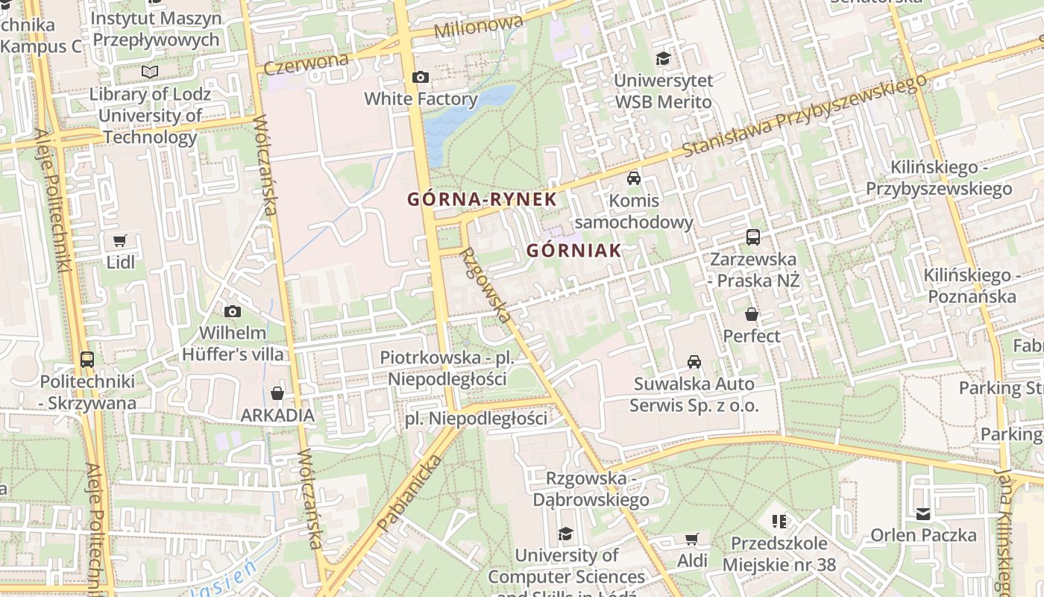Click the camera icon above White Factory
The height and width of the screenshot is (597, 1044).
point(421,77)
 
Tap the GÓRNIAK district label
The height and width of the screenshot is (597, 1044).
point(574,251)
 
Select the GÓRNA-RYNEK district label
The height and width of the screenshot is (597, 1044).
point(482,199)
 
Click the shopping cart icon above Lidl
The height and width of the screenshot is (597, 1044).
point(120,240)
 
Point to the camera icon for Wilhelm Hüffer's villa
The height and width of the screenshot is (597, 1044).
point(233,311)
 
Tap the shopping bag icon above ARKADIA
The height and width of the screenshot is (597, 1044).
point(277,393)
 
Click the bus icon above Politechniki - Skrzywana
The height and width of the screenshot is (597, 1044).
point(87,359)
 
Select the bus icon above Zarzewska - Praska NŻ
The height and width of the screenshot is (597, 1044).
point(753,237)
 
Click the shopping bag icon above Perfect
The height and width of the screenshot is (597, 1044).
point(752,314)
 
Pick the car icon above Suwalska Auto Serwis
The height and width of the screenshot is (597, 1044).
point(694,362)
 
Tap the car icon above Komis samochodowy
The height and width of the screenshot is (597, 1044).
point(634,178)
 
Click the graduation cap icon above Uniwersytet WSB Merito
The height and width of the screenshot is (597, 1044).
point(663,58)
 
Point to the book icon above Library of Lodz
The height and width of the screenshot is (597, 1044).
point(150,72)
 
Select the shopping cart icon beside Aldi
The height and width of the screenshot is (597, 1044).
point(692,539)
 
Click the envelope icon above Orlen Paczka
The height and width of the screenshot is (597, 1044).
point(923,513)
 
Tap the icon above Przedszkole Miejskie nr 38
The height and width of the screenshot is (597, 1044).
point(779,521)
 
